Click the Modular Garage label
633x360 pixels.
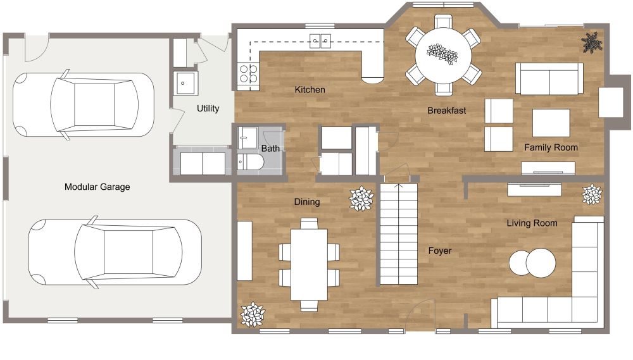(x=97, y=187)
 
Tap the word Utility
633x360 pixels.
(x=208, y=109)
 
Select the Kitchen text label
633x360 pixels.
(x=310, y=90)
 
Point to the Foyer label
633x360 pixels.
(x=439, y=251)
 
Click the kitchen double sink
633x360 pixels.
(x=321, y=41)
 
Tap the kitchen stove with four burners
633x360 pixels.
(x=248, y=74)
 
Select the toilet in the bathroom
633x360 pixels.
(x=248, y=163)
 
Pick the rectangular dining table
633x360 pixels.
(x=308, y=264)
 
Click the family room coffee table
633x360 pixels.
(x=550, y=123)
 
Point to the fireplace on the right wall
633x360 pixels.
(x=611, y=102)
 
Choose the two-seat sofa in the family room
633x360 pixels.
(x=548, y=78)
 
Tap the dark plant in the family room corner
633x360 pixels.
(x=592, y=42)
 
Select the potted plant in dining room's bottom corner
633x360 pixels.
(x=253, y=314)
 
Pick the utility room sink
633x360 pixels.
(x=185, y=82)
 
